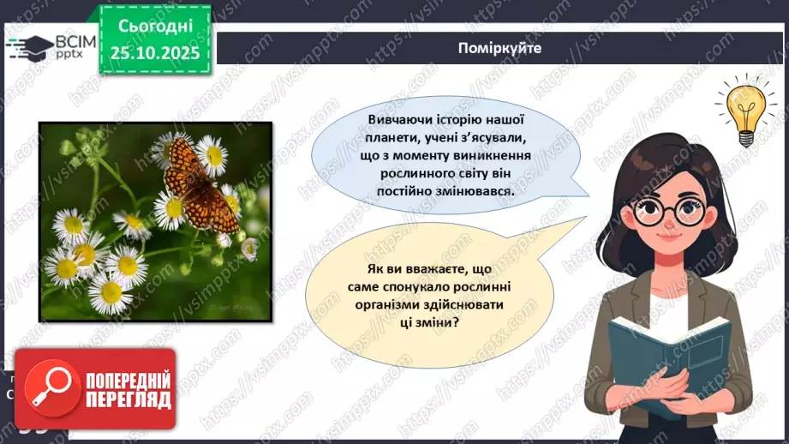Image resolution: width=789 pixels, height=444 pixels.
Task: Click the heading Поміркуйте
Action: click(x=500, y=48)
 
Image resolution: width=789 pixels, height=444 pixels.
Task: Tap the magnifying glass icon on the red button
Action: click(x=49, y=389)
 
